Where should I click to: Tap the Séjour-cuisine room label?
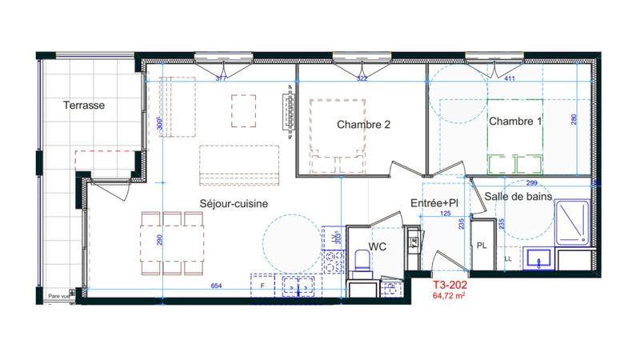(x=233, y=204)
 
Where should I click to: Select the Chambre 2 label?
(x=363, y=125)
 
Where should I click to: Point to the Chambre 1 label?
(x=515, y=122)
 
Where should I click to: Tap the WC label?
(x=378, y=247)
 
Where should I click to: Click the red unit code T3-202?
(x=450, y=284)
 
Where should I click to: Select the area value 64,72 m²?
(x=450, y=295)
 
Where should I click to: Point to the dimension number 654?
(x=216, y=286)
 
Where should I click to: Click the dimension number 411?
(x=509, y=79)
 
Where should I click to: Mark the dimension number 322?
(x=362, y=79)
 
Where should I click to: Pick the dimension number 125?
(x=445, y=214)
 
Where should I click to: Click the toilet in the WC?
(x=362, y=261)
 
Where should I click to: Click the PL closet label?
(x=482, y=246)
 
